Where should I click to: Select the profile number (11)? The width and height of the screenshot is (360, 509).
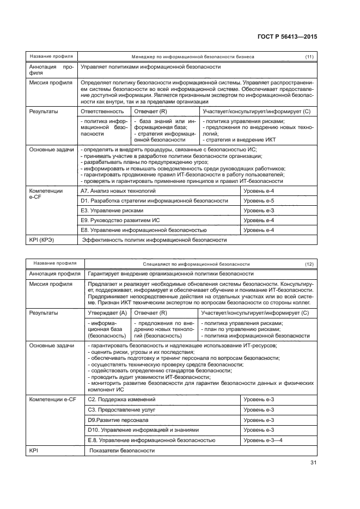(x=309, y=57)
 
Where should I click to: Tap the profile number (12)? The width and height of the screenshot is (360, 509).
(x=309, y=263)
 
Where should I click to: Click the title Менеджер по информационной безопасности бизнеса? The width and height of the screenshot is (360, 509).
(x=193, y=57)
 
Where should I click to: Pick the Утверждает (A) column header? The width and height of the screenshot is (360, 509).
(x=107, y=312)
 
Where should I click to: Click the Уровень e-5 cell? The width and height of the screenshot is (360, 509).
(x=259, y=200)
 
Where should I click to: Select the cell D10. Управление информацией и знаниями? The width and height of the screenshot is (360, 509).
(x=143, y=430)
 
